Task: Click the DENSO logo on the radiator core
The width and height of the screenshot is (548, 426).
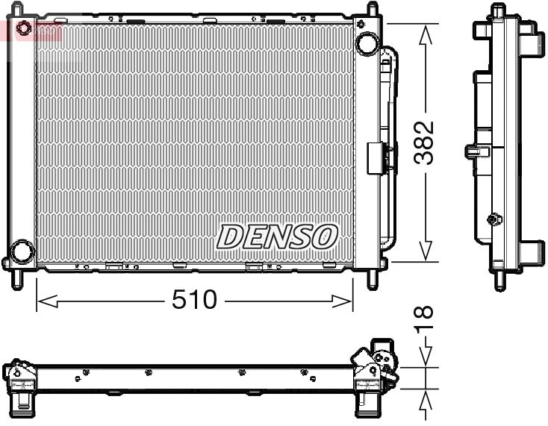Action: pyautogui.click(x=276, y=237)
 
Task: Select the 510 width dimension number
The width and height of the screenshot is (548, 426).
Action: pyautogui.click(x=193, y=300)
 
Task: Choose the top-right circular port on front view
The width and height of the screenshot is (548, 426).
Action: pyautogui.click(x=367, y=43)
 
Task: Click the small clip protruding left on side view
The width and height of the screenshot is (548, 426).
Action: pyautogui.click(x=472, y=151)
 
